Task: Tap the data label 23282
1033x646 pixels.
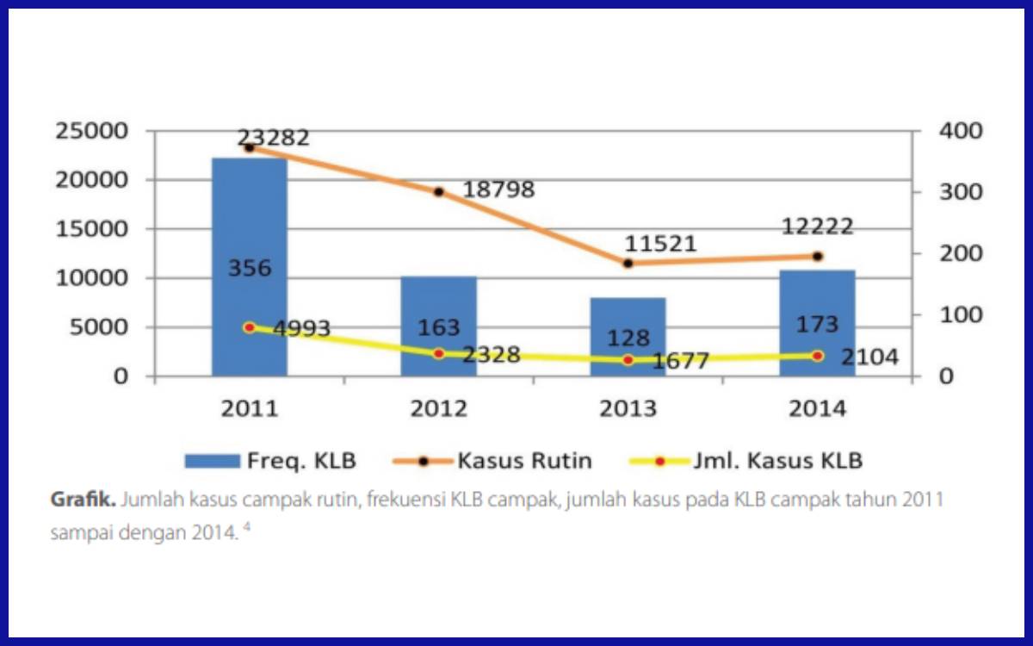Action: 273,138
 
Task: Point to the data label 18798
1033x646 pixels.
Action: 498,189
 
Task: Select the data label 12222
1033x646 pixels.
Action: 817,227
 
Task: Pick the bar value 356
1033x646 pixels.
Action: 250,268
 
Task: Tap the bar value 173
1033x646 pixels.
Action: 817,325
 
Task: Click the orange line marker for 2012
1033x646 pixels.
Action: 438,191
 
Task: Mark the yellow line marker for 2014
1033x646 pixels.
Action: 817,355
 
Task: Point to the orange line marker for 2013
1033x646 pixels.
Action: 628,264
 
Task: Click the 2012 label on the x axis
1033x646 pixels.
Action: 438,408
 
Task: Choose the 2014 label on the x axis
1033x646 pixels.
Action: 817,408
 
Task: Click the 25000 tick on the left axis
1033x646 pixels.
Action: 91,131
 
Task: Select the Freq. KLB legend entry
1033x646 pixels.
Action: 270,461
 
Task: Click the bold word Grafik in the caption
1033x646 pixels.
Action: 83,500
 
